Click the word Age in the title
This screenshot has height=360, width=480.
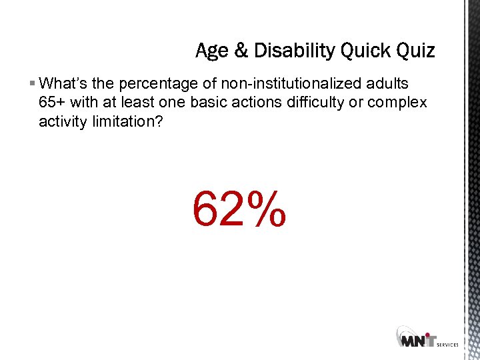(211, 51)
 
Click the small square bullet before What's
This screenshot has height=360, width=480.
(33, 84)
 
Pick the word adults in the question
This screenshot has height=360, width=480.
(389, 83)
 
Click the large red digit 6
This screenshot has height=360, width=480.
(205, 207)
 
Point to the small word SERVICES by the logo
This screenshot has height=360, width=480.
(447, 344)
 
